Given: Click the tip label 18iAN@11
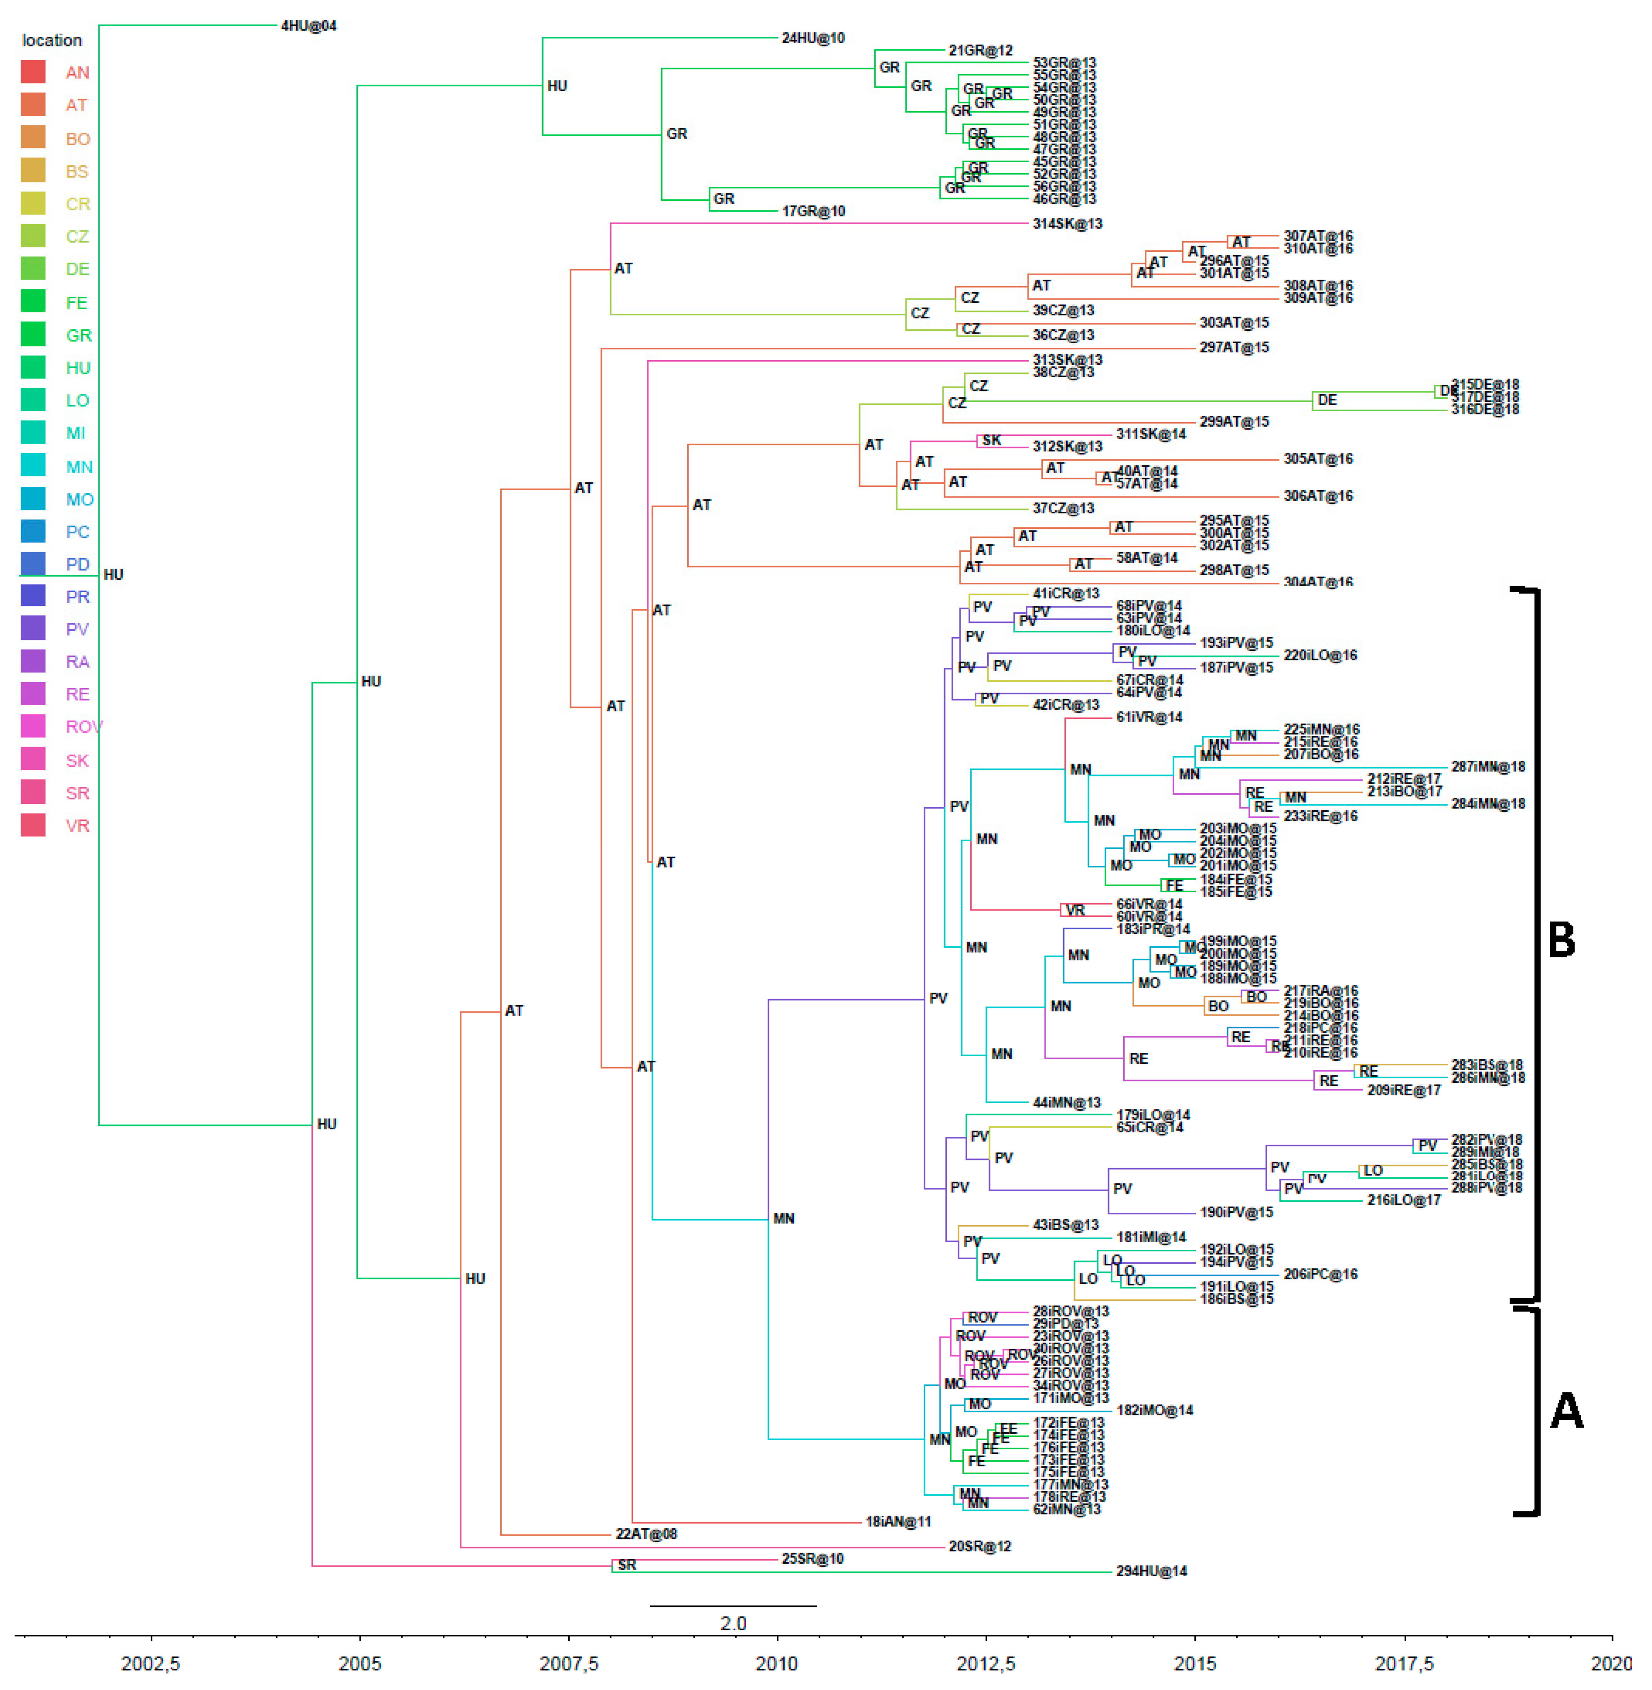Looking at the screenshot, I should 898,1522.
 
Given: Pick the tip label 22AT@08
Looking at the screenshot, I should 646,1534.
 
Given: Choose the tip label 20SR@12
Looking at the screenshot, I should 979,1546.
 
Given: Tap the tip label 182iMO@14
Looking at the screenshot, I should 1154,1411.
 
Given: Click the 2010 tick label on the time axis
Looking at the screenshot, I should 776,1663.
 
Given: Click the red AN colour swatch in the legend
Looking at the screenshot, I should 33,72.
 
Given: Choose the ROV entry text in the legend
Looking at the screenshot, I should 83,727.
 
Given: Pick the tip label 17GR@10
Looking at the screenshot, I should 813,212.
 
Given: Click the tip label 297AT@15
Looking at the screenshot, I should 1234,348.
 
